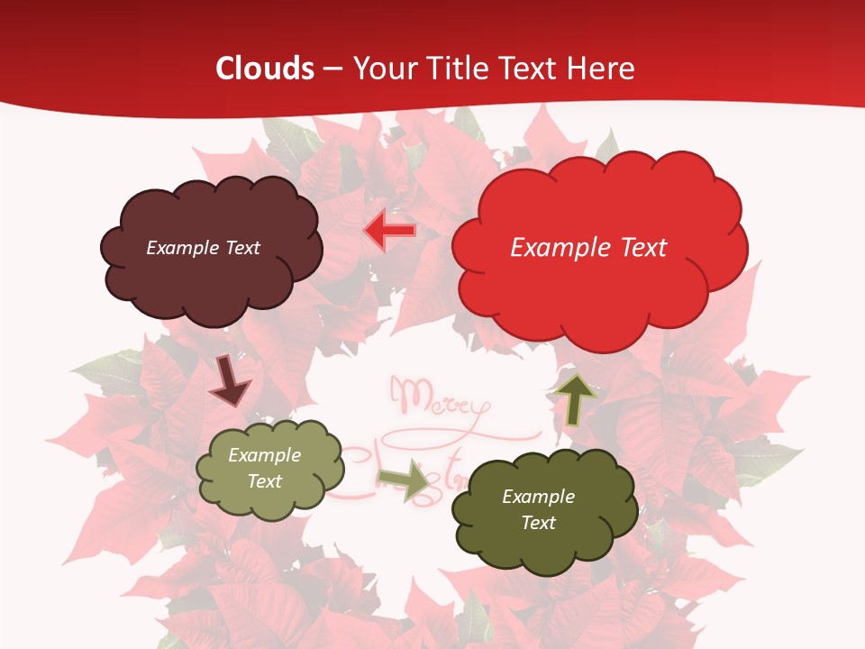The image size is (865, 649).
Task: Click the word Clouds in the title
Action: (265, 69)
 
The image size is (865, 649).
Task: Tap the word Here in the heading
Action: (603, 69)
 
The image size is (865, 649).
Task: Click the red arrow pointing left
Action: (389, 231)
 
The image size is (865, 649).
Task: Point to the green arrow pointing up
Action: (576, 399)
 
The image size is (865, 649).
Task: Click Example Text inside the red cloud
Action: (588, 248)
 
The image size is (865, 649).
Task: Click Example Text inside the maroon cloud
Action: (203, 248)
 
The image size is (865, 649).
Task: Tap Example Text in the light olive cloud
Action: (265, 468)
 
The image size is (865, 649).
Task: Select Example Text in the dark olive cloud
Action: (538, 509)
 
